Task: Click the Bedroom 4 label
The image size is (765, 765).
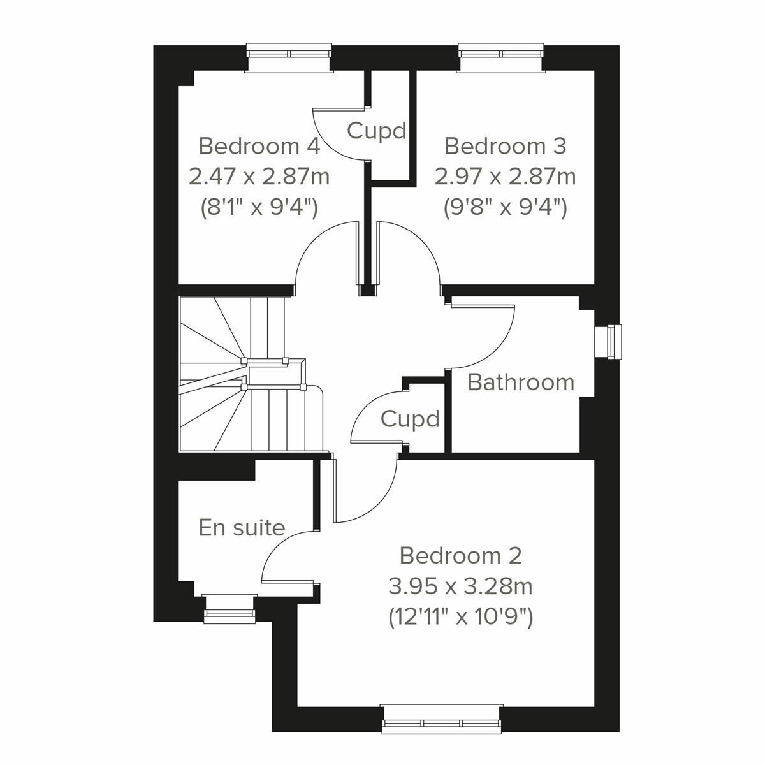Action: point(259,146)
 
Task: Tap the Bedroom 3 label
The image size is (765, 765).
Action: point(505,146)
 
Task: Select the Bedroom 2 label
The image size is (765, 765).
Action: point(460,555)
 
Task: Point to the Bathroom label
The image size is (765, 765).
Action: point(521,382)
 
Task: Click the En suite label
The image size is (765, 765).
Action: point(242,528)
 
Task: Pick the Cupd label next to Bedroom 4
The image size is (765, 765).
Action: point(376,131)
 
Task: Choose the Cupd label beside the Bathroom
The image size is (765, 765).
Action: point(410,419)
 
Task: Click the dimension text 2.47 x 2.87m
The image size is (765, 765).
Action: point(259,176)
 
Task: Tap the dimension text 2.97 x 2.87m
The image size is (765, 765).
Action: point(505,176)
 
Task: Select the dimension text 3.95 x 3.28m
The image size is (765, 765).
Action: point(460,585)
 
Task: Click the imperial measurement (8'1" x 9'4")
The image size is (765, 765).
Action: point(259,207)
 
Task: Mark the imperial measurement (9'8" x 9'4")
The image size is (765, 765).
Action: point(505,207)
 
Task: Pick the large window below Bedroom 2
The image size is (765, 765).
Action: point(442,718)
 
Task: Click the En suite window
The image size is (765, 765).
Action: point(229,609)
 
